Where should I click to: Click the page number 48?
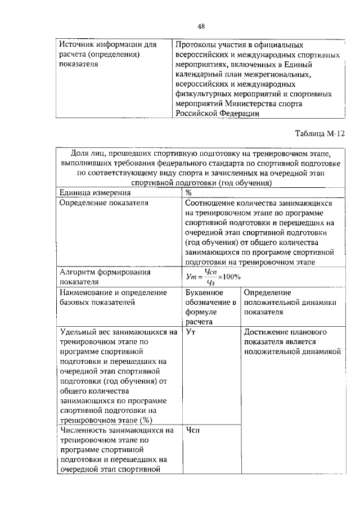(x=200, y=26)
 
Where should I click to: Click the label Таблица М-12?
(x=319, y=134)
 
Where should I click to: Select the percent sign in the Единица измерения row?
(x=188, y=192)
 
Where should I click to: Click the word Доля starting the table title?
(x=80, y=153)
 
